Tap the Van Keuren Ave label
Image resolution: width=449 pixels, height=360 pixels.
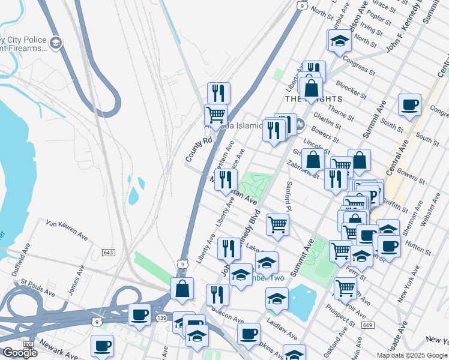coord(67,229)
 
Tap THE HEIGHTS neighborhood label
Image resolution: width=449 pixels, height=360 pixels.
coord(313,98)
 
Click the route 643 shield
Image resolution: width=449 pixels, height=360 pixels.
coord(108,253)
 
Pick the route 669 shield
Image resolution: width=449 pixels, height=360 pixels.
coord(367,325)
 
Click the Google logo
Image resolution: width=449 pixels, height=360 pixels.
coord(20,352)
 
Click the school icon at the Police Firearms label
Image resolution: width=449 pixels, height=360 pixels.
coord(55,42)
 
